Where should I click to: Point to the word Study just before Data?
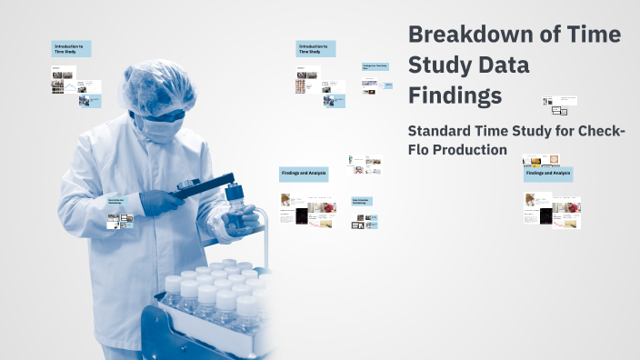(x=442, y=65)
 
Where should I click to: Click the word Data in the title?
(x=505, y=65)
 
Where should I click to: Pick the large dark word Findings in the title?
(x=455, y=95)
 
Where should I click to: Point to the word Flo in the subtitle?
(x=419, y=149)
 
